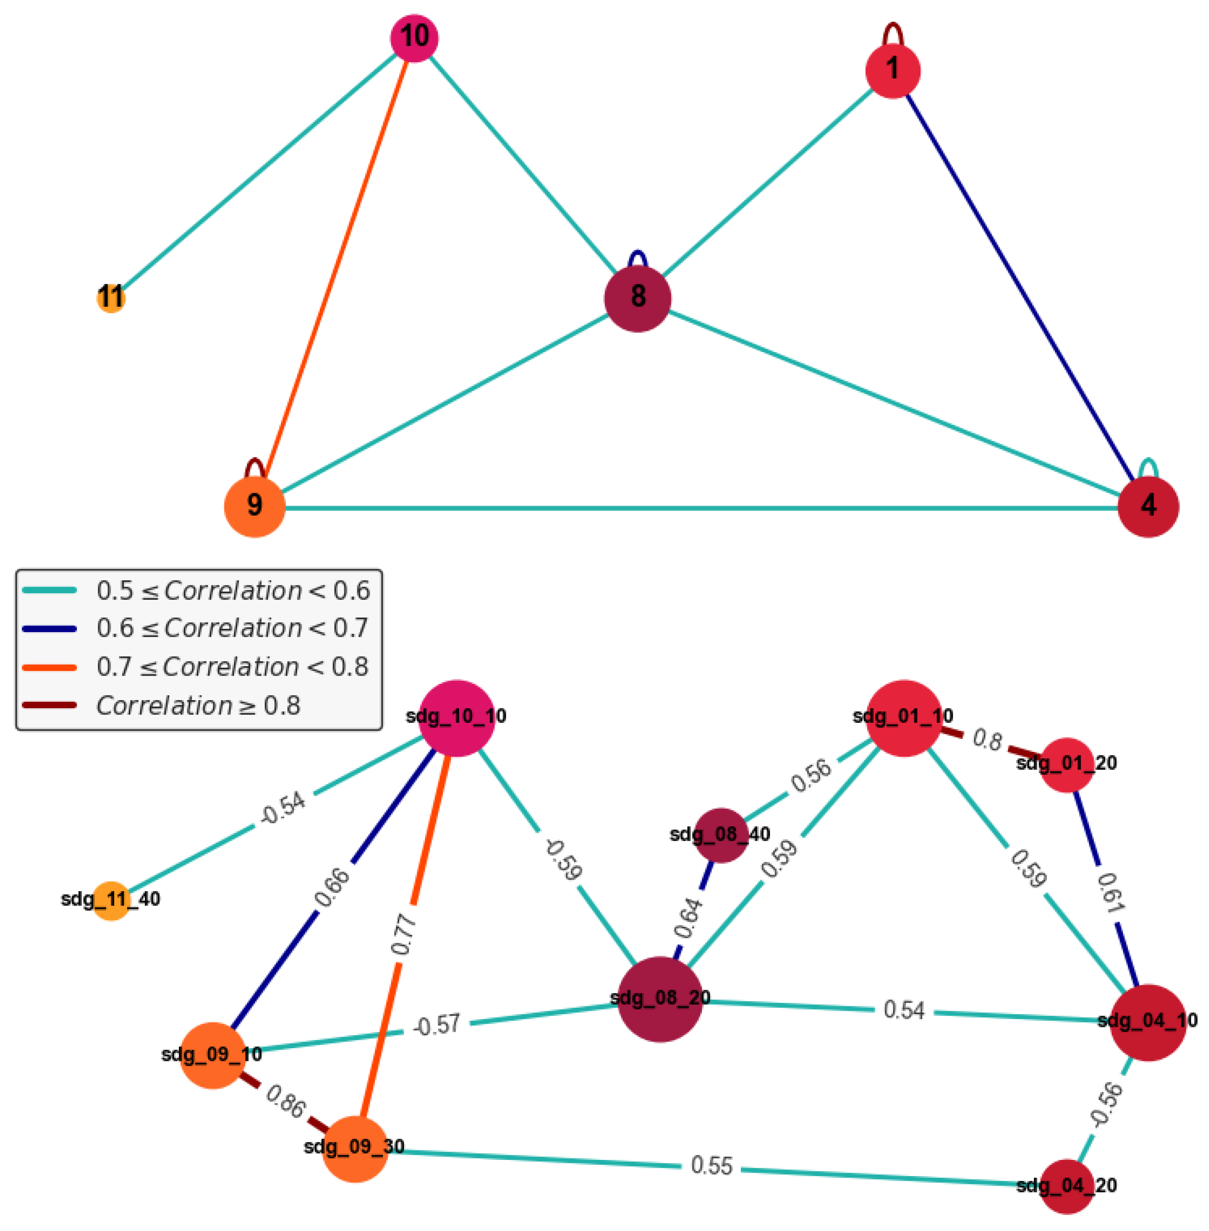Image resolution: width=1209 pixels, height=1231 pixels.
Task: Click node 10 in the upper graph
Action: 414,38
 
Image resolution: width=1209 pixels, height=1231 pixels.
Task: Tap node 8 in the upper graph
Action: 637,298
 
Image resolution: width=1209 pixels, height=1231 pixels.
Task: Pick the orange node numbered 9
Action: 255,506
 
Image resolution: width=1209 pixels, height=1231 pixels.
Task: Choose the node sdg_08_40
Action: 721,835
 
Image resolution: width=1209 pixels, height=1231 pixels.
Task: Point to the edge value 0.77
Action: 404,934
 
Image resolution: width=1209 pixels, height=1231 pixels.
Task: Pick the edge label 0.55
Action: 711,1166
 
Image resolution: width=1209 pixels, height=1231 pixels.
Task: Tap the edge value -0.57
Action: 436,1025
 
